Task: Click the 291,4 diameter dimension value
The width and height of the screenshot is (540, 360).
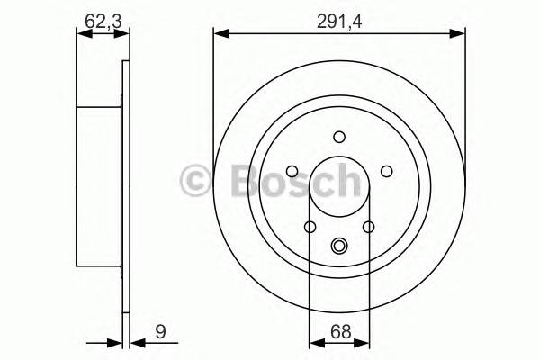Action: [339, 15]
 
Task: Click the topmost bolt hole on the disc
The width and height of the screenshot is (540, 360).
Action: [339, 137]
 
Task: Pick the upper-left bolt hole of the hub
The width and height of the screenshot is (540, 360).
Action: [292, 171]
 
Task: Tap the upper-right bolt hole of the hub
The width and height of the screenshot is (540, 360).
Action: [386, 171]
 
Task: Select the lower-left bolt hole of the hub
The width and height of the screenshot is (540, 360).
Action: [310, 227]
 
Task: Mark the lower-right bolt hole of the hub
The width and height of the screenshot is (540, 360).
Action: [368, 227]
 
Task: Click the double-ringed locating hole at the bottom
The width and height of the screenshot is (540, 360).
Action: [339, 244]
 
